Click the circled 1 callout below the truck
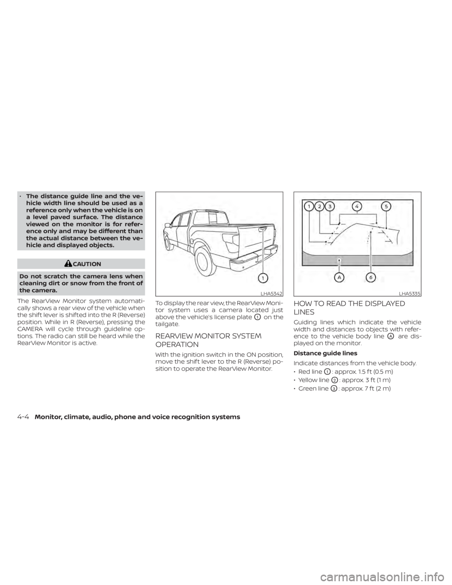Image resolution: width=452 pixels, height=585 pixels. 265,278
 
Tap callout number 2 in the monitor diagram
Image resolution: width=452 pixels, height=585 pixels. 320,205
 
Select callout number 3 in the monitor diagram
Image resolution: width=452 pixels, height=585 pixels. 331,205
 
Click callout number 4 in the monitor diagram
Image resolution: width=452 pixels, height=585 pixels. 359,205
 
